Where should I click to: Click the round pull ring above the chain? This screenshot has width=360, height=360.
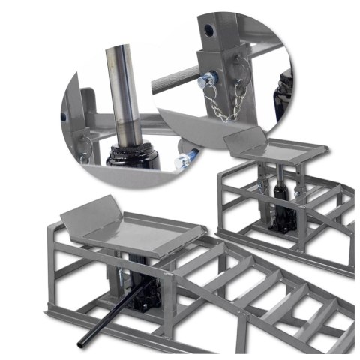coord(225,65)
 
